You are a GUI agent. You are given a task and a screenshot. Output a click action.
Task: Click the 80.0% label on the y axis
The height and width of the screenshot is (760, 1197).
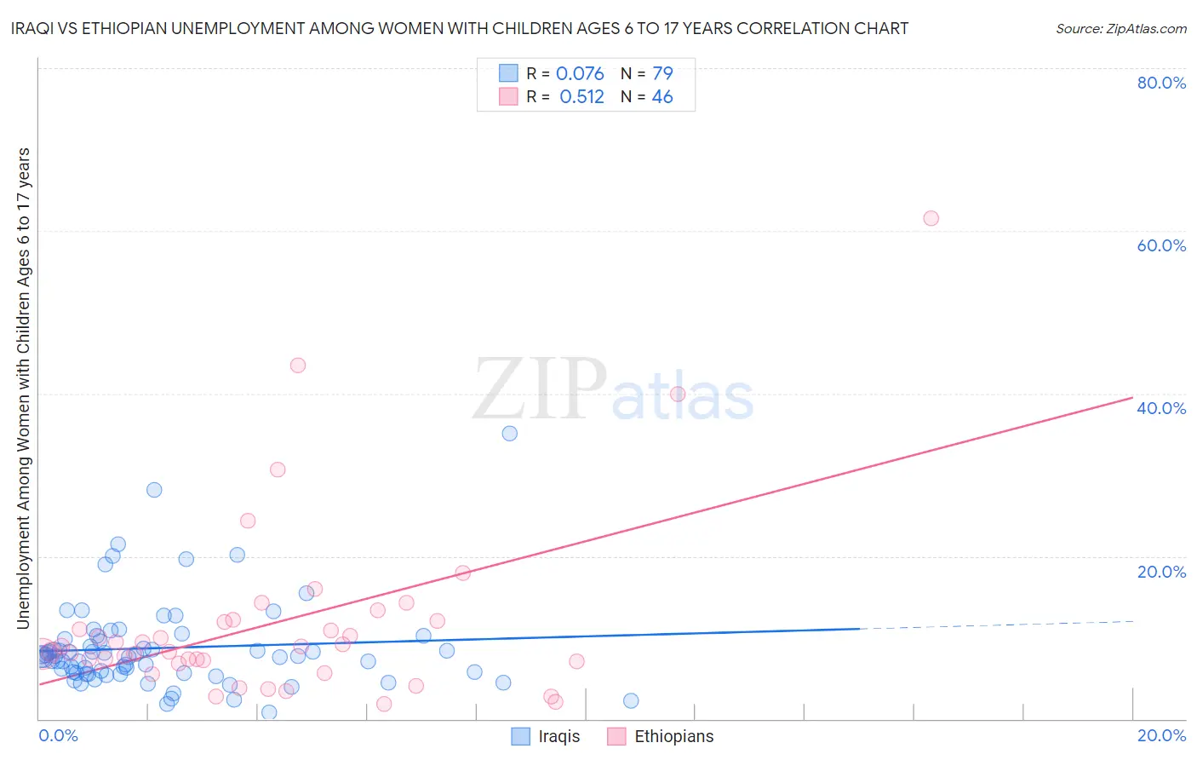pyautogui.click(x=1161, y=83)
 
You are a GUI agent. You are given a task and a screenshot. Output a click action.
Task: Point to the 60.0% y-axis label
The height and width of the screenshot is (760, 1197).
pyautogui.click(x=1161, y=245)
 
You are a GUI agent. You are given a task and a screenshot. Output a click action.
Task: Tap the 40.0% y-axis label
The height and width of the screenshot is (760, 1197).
pyautogui.click(x=1161, y=408)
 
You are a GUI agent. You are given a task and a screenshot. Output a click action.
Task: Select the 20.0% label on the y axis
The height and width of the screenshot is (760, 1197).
pyautogui.click(x=1161, y=572)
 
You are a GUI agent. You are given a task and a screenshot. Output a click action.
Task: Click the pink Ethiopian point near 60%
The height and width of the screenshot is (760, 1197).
pyautogui.click(x=931, y=218)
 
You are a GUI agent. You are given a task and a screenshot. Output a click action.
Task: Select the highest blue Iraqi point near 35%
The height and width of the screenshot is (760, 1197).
pyautogui.click(x=509, y=433)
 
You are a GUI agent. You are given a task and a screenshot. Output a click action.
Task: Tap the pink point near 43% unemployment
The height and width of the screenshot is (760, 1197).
pyautogui.click(x=297, y=366)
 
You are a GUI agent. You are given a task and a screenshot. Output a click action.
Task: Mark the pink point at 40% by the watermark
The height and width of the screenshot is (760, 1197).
pyautogui.click(x=678, y=394)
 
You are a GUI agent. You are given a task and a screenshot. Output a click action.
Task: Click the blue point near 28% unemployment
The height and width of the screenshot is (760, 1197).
pyautogui.click(x=154, y=490)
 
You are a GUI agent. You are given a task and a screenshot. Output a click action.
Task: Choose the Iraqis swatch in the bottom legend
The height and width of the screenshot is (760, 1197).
pyautogui.click(x=520, y=736)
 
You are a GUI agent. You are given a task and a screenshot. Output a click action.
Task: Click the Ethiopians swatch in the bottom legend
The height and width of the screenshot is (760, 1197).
pyautogui.click(x=616, y=736)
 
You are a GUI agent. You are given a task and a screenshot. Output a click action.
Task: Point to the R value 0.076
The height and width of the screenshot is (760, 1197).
pyautogui.click(x=580, y=74)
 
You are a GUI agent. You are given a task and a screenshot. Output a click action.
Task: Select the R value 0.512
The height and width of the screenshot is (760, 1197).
pyautogui.click(x=581, y=97)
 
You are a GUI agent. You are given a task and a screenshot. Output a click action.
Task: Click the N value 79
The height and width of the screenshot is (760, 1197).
pyautogui.click(x=662, y=74)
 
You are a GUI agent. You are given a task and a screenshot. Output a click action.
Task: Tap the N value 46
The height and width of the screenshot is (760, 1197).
pyautogui.click(x=662, y=97)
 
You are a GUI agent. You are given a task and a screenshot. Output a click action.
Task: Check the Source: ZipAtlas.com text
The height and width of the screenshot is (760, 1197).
pyautogui.click(x=1120, y=28)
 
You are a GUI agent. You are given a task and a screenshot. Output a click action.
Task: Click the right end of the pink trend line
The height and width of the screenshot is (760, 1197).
pyautogui.click(x=1132, y=397)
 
